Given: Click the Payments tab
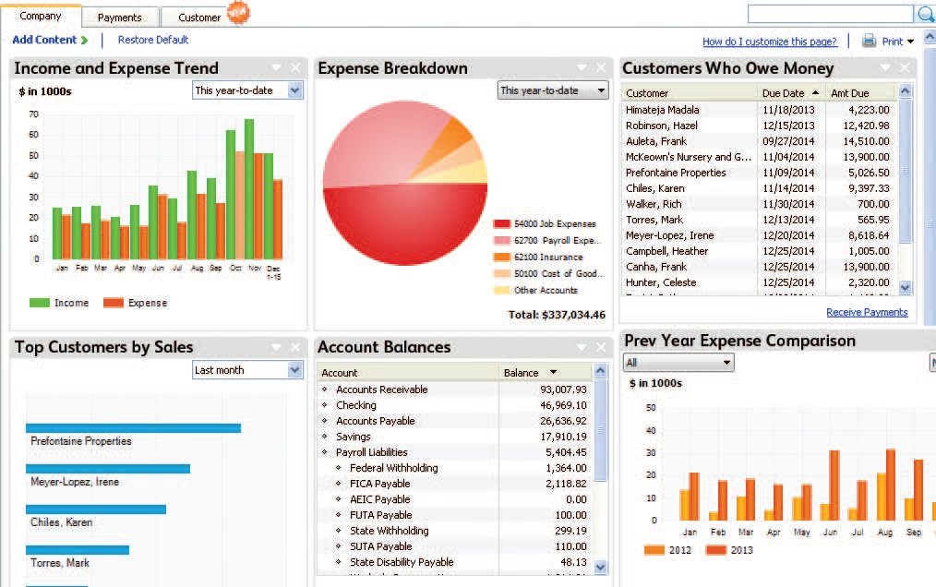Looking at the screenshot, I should [120, 17].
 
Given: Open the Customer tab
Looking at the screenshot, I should [199, 17].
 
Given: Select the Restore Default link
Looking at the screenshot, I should [153, 40].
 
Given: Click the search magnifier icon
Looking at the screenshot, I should [925, 14].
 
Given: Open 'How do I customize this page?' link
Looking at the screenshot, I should [769, 42].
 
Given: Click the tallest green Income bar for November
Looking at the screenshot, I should [249, 188].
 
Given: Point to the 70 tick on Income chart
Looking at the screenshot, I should [34, 114].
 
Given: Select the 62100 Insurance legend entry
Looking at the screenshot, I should [547, 258].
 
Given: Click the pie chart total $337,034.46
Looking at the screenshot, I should [557, 315].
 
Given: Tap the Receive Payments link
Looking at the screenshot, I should [866, 312].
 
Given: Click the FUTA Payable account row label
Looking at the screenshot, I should [380, 515].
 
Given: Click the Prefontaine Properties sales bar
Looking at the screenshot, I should [133, 427].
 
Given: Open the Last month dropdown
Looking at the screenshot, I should [247, 370].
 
